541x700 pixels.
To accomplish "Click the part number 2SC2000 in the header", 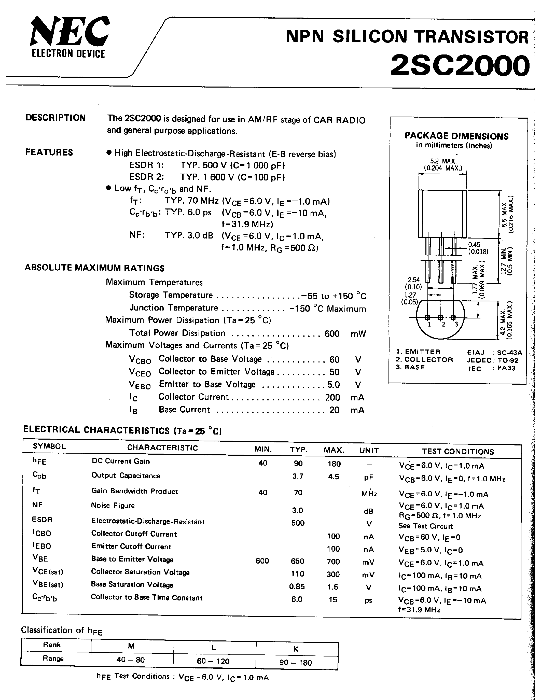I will point(460,66).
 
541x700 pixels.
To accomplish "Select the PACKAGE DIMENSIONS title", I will point(456,136).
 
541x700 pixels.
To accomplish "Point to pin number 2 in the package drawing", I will point(443,324).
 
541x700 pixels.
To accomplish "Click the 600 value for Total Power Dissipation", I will point(332,334).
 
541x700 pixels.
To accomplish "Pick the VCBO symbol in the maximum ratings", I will point(140,360).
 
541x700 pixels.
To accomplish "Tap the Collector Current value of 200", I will point(332,397).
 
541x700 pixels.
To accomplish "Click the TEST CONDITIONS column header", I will point(458,451).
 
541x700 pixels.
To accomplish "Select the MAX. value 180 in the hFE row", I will point(334,464).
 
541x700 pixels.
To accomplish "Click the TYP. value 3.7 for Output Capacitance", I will point(298,476).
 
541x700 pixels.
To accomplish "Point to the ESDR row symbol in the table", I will point(42,519).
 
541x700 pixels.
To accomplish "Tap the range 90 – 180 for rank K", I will point(296,663).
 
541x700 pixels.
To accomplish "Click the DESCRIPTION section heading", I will point(56,118).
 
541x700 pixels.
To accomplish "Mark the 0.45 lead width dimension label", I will point(474,245).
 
